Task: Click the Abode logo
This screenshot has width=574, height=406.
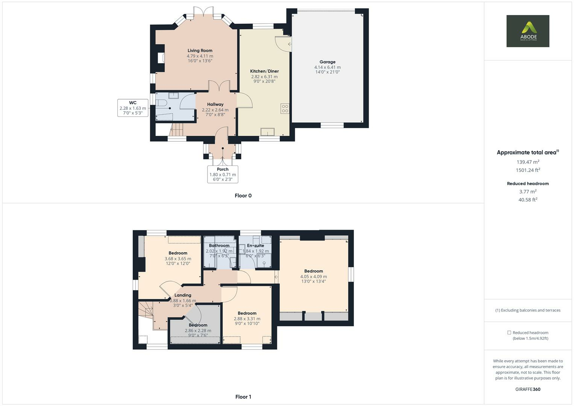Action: tap(527, 31)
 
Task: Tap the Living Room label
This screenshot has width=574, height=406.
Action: tap(200, 50)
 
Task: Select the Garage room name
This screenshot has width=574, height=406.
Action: tap(327, 62)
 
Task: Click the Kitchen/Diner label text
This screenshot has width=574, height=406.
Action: tap(264, 71)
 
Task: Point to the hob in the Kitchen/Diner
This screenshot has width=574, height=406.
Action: tap(285, 109)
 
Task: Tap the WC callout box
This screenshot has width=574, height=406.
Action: tap(133, 108)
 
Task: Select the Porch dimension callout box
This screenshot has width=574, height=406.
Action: tap(223, 174)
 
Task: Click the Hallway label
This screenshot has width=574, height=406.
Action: tap(215, 105)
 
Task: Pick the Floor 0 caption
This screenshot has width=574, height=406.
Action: tap(243, 195)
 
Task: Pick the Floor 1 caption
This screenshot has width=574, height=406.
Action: tap(243, 397)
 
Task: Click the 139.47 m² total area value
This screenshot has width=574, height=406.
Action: tap(528, 162)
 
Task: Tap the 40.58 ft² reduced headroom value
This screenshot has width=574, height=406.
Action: tap(528, 200)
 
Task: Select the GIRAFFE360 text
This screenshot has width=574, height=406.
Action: tap(528, 389)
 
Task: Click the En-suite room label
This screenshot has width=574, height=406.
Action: tap(255, 245)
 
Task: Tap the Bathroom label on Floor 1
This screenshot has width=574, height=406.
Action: tap(219, 245)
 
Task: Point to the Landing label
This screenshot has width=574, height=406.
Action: tap(183, 295)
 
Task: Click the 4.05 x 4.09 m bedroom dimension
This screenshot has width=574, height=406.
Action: tap(314, 276)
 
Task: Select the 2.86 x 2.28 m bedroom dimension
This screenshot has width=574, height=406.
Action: tap(198, 330)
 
